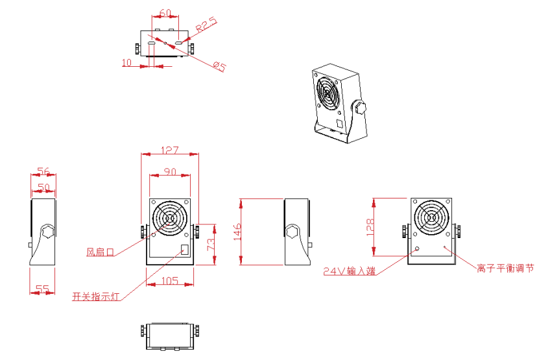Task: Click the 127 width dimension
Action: click(x=170, y=150)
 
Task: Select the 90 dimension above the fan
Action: click(x=170, y=172)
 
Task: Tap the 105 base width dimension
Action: click(x=170, y=281)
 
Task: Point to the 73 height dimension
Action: click(x=211, y=245)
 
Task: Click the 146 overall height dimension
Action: click(x=237, y=232)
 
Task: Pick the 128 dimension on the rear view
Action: click(x=370, y=227)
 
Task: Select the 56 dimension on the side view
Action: click(x=43, y=171)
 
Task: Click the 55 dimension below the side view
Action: click(x=42, y=289)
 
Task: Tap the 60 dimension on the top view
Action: click(x=165, y=13)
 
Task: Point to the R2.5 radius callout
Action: click(x=206, y=25)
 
